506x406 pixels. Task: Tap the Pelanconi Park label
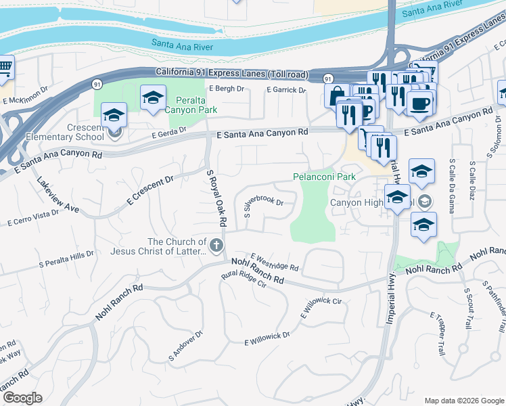(324, 177)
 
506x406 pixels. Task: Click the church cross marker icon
(216, 245)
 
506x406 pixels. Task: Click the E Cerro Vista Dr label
(32, 217)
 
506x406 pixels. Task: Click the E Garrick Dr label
(286, 89)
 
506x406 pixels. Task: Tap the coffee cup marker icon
(419, 103)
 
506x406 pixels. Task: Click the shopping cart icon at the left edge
(4, 68)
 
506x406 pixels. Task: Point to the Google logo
(22, 398)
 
